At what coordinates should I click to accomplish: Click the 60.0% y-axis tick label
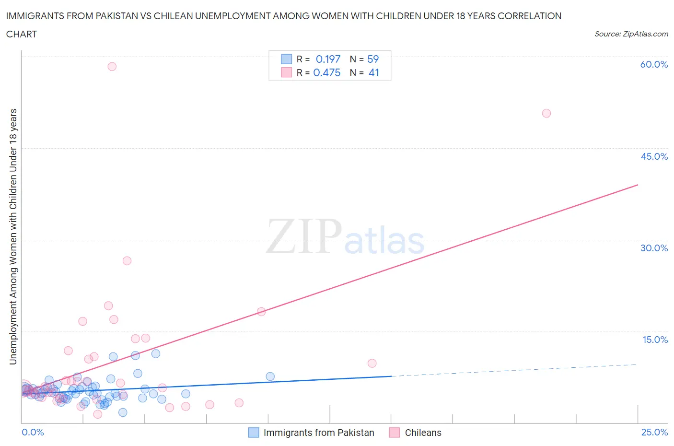[x=654, y=65]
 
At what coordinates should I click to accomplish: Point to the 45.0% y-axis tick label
[x=654, y=157]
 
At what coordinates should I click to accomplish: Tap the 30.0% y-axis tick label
[x=654, y=248]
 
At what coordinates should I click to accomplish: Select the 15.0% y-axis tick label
[x=655, y=340]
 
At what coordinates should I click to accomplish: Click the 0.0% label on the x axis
[x=33, y=433]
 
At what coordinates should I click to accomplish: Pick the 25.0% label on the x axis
[x=654, y=433]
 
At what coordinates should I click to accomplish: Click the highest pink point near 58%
[x=112, y=67]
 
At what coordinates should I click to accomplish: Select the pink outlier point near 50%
[x=546, y=114]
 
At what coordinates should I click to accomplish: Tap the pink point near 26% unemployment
[x=127, y=261]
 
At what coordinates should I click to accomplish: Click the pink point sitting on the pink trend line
[x=261, y=312]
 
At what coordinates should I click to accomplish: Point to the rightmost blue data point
[x=270, y=376]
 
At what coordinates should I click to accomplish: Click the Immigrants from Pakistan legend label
[x=319, y=433]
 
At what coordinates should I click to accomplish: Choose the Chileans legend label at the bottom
[x=423, y=433]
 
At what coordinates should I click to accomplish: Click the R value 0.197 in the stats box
[x=328, y=59]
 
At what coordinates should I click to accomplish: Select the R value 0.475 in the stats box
[x=326, y=72]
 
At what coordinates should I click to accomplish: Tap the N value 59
[x=373, y=59]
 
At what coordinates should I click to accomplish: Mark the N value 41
[x=374, y=72]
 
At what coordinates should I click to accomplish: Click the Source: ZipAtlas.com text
[x=631, y=34]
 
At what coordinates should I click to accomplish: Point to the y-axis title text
[x=13, y=236]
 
